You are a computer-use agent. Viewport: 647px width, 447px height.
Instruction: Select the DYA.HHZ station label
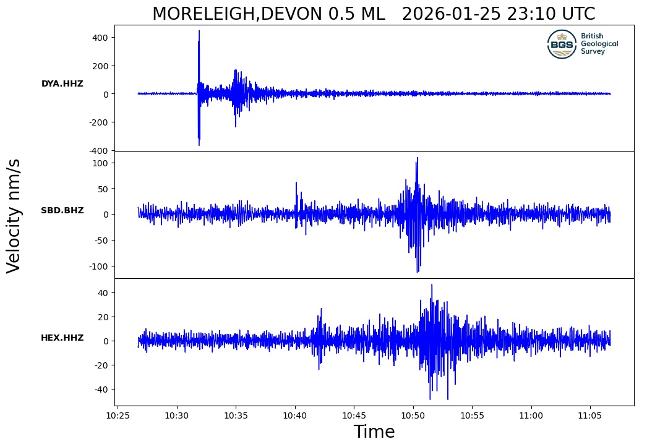tap(62, 83)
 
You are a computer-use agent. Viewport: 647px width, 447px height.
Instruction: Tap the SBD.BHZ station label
tap(62, 210)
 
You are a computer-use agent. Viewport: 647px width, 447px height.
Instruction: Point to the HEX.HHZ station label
tap(62, 338)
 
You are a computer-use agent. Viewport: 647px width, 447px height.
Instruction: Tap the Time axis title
tap(374, 432)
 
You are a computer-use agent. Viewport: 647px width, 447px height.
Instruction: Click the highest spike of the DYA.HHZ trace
tap(199, 31)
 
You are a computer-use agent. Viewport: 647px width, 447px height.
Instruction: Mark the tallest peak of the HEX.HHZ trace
tap(432, 285)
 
